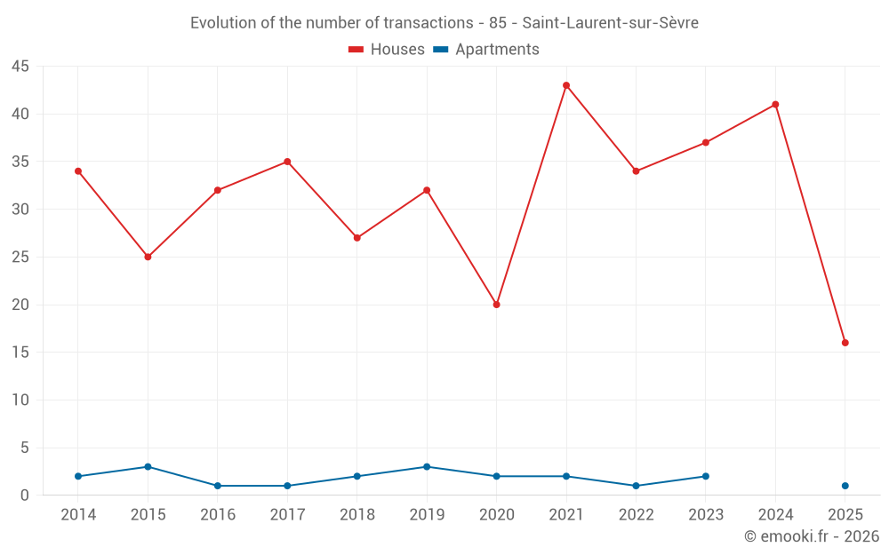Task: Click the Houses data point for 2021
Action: [566, 85]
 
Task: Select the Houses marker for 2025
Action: [845, 343]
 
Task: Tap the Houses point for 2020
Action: [496, 305]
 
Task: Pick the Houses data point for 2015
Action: [148, 257]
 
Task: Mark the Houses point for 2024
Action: [775, 105]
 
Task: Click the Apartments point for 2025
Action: [845, 486]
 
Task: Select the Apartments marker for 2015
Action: [148, 467]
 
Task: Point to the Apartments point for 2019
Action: [427, 467]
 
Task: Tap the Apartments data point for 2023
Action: [706, 476]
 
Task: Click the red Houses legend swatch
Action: [356, 50]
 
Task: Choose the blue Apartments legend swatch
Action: [440, 50]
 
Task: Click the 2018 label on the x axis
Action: [356, 515]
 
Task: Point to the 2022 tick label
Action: [636, 515]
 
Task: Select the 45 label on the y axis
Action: [20, 67]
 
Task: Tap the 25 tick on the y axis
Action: [20, 258]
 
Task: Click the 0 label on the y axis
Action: [25, 496]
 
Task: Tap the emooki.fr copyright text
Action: [811, 536]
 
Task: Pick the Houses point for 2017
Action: [287, 162]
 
